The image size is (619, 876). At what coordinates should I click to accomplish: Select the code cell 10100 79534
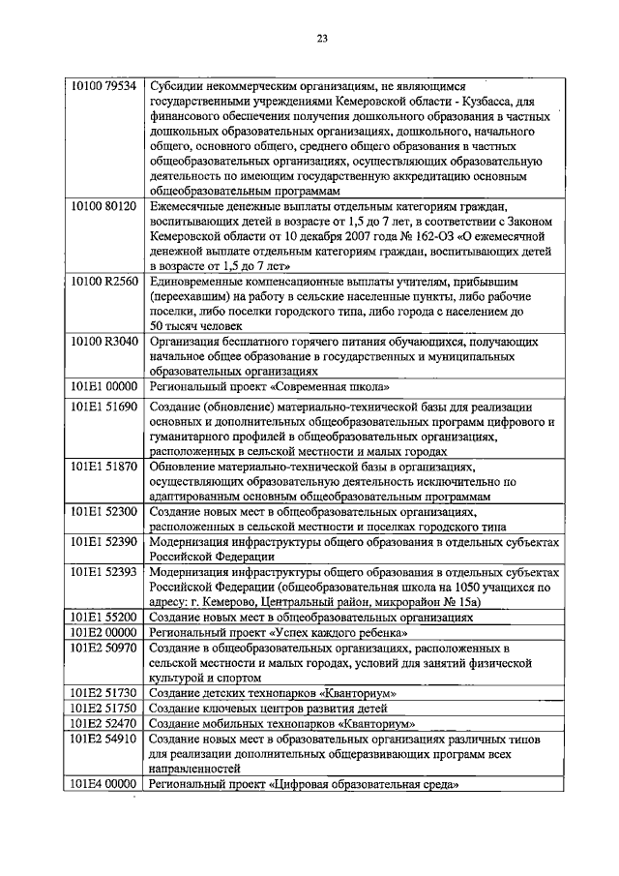pyautogui.click(x=104, y=85)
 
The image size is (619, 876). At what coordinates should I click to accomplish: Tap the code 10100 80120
pyautogui.click(x=104, y=206)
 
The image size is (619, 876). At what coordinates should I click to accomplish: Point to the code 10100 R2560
pyautogui.click(x=104, y=280)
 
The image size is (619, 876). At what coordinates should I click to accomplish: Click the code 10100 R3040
pyautogui.click(x=104, y=341)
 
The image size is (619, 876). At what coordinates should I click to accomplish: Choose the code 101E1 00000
pyautogui.click(x=104, y=385)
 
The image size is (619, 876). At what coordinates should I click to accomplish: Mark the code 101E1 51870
pyautogui.click(x=104, y=467)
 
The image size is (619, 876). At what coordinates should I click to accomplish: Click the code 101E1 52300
pyautogui.click(x=104, y=510)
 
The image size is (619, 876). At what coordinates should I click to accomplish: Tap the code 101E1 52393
pyautogui.click(x=104, y=571)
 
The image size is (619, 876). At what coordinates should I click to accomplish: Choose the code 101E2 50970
pyautogui.click(x=104, y=647)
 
